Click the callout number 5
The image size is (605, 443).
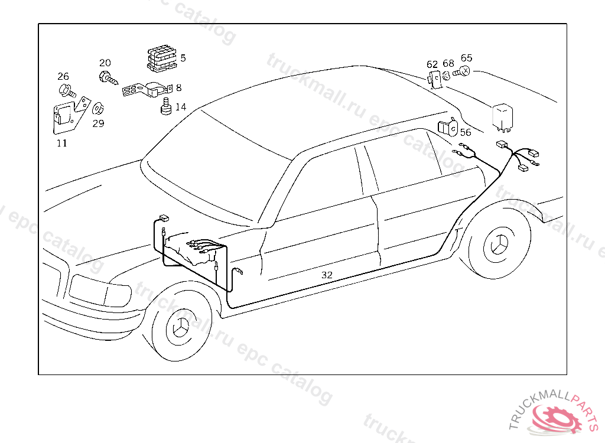pos(183,58)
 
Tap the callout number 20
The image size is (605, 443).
pos(105,63)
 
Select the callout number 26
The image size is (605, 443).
pos(63,76)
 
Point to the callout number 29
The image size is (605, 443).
pos(98,123)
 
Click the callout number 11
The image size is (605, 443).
pos(62,143)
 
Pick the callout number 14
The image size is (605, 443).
pos(180,107)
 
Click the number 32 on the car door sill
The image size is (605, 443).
pos(327,275)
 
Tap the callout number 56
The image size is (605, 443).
pos(466,133)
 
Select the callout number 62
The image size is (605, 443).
pos(432,64)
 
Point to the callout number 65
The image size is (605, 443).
pos(467,58)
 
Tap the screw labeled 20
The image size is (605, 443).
pos(108,77)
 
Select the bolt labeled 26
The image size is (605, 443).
pos(67,91)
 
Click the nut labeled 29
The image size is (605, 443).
pos(98,109)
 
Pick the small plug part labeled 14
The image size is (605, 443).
pos(165,108)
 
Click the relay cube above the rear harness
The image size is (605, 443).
pos(503,116)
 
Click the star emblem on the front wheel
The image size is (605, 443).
pos(180,327)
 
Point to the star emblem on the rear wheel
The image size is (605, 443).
pos(500,243)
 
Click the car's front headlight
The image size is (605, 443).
pos(99,289)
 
